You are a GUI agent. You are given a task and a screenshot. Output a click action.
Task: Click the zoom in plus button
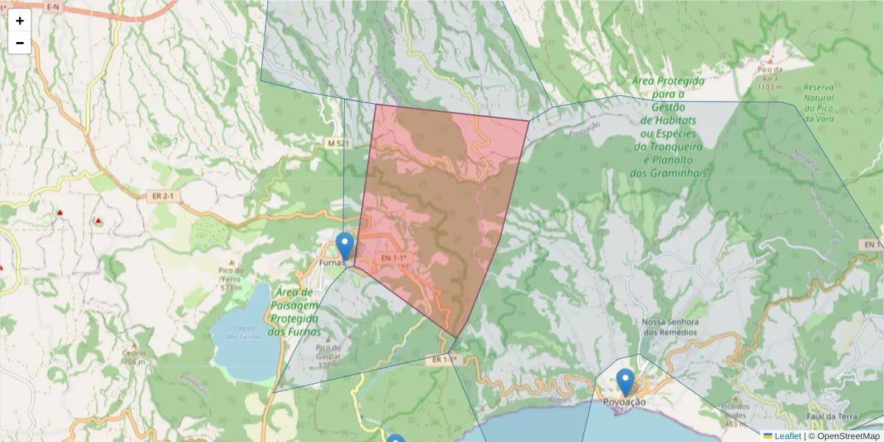point(20,21)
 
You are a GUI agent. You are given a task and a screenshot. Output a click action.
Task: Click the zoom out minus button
point(20,43)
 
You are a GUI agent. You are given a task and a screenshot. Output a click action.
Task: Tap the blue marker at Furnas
point(344,245)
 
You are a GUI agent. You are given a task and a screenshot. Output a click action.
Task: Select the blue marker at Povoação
point(625,382)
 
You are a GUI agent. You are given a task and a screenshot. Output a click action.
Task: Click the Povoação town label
point(624,402)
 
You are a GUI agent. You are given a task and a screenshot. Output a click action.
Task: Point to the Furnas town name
point(331,262)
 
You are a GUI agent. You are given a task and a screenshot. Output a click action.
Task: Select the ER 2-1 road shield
point(164,196)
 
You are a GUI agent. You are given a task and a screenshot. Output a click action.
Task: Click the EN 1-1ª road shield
point(394,258)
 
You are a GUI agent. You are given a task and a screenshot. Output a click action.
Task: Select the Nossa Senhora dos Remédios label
point(670,327)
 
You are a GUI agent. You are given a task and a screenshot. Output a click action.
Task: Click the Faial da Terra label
point(836,416)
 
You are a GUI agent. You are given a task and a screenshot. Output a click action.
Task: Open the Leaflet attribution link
point(787,436)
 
